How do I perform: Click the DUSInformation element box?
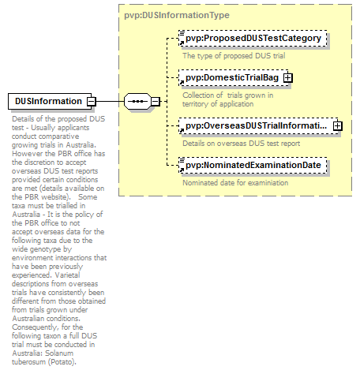(x=50, y=101)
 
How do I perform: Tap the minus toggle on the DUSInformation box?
(x=92, y=101)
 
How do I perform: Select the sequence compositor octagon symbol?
(x=137, y=101)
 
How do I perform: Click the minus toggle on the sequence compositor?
(x=156, y=101)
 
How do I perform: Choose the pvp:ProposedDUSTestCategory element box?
(x=253, y=39)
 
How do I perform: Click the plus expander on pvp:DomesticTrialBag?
(x=288, y=78)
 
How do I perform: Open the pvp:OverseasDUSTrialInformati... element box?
(x=258, y=126)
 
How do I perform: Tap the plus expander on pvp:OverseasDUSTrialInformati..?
(x=338, y=126)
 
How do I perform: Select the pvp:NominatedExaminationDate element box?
(x=253, y=166)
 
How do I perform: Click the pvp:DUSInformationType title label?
(x=177, y=15)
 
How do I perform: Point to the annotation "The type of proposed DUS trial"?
(x=234, y=56)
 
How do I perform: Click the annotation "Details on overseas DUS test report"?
(x=242, y=144)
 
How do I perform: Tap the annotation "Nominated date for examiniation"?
(x=235, y=183)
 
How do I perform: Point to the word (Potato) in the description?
(x=62, y=362)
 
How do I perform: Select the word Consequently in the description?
(x=35, y=327)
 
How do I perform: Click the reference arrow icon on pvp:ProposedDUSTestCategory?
(x=182, y=43)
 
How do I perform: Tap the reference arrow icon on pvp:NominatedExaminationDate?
(x=182, y=170)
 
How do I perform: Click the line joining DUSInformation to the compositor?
(x=110, y=101)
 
